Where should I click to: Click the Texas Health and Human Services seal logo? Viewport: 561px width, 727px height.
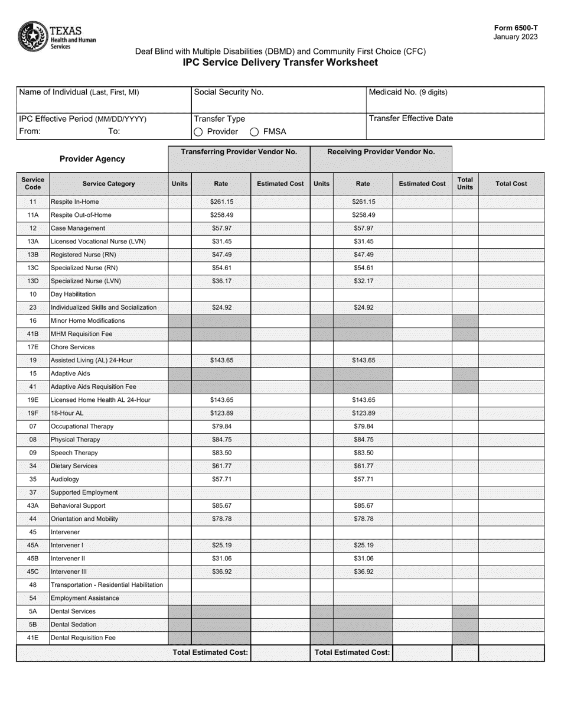pos(34,37)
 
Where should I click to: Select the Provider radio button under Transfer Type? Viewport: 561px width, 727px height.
pos(198,132)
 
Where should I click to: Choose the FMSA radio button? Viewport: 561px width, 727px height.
pos(254,132)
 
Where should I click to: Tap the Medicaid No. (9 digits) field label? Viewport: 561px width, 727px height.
pos(408,92)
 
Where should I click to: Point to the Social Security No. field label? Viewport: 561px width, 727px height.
pos(229,92)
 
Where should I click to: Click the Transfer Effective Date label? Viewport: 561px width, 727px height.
pos(411,118)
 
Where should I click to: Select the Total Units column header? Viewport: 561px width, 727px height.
pos(465,183)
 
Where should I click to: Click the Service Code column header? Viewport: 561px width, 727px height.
pos(32,183)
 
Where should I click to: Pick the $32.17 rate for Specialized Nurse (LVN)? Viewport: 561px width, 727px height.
pos(363,281)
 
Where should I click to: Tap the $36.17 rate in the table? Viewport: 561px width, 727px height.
pos(221,281)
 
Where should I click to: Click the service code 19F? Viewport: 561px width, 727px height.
pos(33,413)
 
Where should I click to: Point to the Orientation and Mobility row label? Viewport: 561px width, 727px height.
pos(84,519)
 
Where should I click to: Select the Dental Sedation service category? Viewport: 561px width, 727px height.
pos(74,624)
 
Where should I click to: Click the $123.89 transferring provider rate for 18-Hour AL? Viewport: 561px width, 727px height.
pos(221,413)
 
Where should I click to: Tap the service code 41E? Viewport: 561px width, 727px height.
pos(33,638)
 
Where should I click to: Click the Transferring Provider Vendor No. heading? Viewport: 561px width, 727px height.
pos(239,152)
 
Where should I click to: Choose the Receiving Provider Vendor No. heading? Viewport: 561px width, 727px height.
pos(381,152)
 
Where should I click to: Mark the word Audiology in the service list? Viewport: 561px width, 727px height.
pos(65,479)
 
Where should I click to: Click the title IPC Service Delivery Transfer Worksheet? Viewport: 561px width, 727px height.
pos(280,63)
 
